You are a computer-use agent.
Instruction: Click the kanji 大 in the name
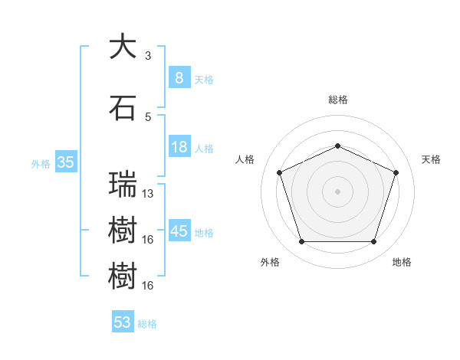point(123,47)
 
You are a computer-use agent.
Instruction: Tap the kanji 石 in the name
point(123,107)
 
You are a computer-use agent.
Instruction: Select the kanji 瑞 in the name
point(123,185)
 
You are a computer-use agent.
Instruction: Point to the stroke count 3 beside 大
point(148,56)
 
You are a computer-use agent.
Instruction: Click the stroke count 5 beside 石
point(148,116)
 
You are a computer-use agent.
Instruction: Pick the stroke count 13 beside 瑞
point(148,194)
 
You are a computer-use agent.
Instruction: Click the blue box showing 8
point(179,77)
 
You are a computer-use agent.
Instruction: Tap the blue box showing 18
point(179,147)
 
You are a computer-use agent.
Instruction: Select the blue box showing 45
point(179,231)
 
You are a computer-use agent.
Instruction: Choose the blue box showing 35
point(65,162)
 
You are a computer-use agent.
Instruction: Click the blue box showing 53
point(123,322)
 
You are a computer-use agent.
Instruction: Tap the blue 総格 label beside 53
point(148,324)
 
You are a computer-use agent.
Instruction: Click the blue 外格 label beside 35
point(41,163)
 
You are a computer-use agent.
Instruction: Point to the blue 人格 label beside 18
point(204,149)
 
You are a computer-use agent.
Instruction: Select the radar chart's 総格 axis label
point(338,100)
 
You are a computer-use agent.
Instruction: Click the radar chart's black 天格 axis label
point(431,159)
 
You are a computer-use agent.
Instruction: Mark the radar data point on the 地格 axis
point(373,242)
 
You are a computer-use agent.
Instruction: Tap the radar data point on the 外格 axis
point(301,242)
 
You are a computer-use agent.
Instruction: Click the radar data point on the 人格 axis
point(279,172)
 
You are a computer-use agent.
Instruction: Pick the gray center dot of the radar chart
point(337,191)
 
